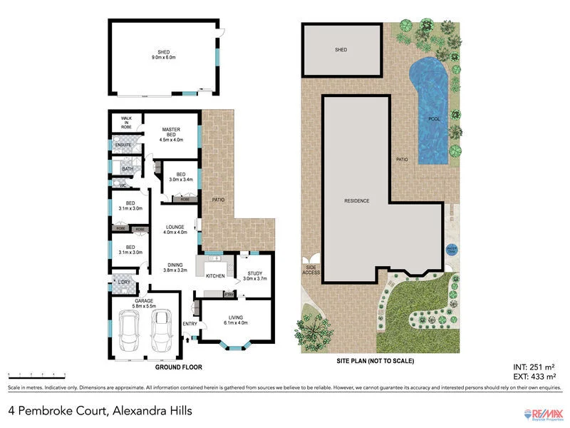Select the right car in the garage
pos(162,332)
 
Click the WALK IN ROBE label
pos(126,122)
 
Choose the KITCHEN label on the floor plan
pos(215,276)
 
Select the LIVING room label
pos(235,317)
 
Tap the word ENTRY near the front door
pos(190,324)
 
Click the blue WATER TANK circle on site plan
pos(450,250)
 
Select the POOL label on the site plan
pos(432,119)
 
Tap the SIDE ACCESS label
pos(311,270)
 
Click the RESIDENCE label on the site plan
pos(356,201)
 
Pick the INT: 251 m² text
pos(533,367)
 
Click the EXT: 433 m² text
pos(533,376)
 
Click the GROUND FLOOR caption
pos(178,367)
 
